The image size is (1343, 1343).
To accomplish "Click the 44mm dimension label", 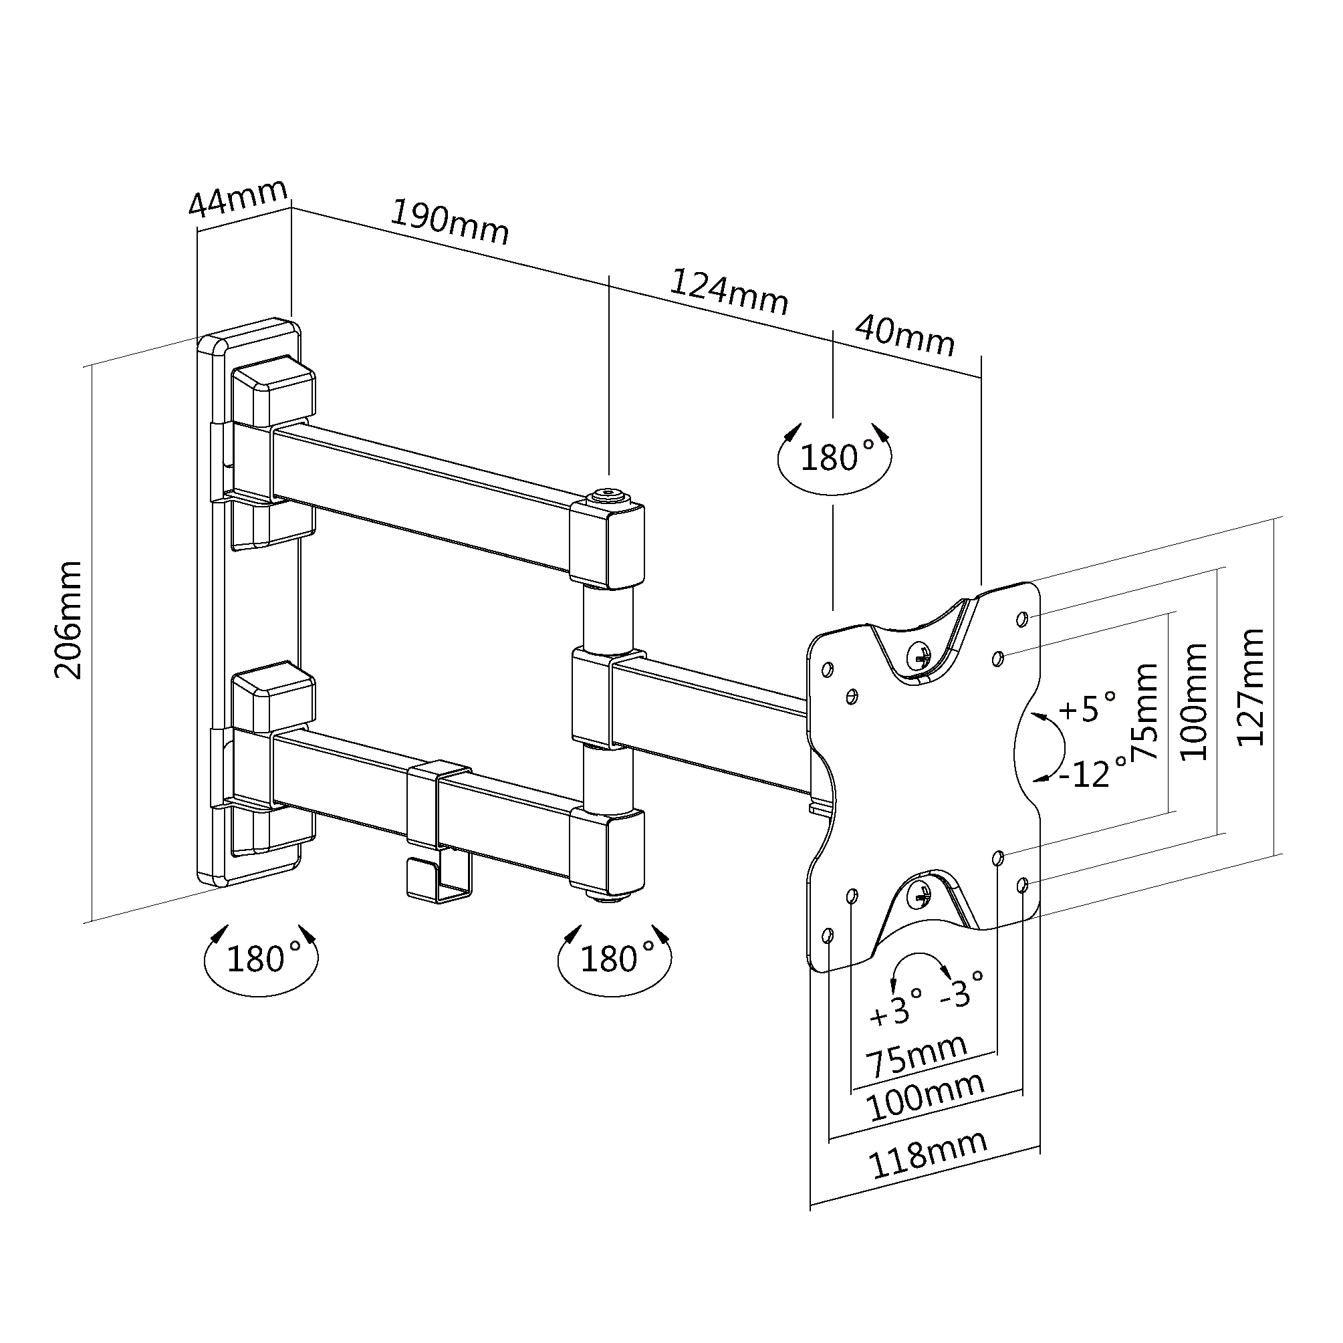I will [x=238, y=198].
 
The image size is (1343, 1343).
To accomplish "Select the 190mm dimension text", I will [x=450, y=223].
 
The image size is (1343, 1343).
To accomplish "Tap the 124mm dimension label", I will [x=729, y=292].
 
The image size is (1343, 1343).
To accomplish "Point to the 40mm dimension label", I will [x=904, y=335].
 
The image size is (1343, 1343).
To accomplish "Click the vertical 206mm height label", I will [x=70, y=620].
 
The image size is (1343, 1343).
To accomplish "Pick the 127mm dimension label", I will [x=1251, y=687].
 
